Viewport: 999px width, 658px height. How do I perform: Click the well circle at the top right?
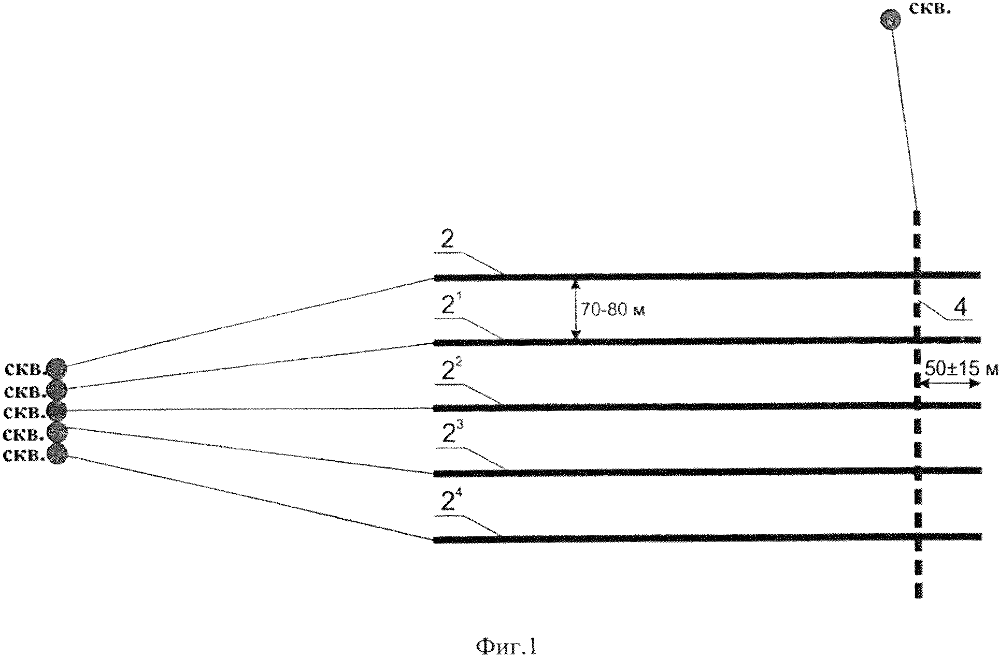[891, 19]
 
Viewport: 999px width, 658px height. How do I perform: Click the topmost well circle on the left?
[57, 369]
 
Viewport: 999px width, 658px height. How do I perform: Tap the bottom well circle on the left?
[57, 454]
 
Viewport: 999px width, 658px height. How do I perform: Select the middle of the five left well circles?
[57, 411]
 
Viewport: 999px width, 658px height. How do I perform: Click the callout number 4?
[960, 309]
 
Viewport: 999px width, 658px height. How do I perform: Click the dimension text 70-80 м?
[612, 311]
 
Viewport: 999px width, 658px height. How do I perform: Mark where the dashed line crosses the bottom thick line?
[918, 537]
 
